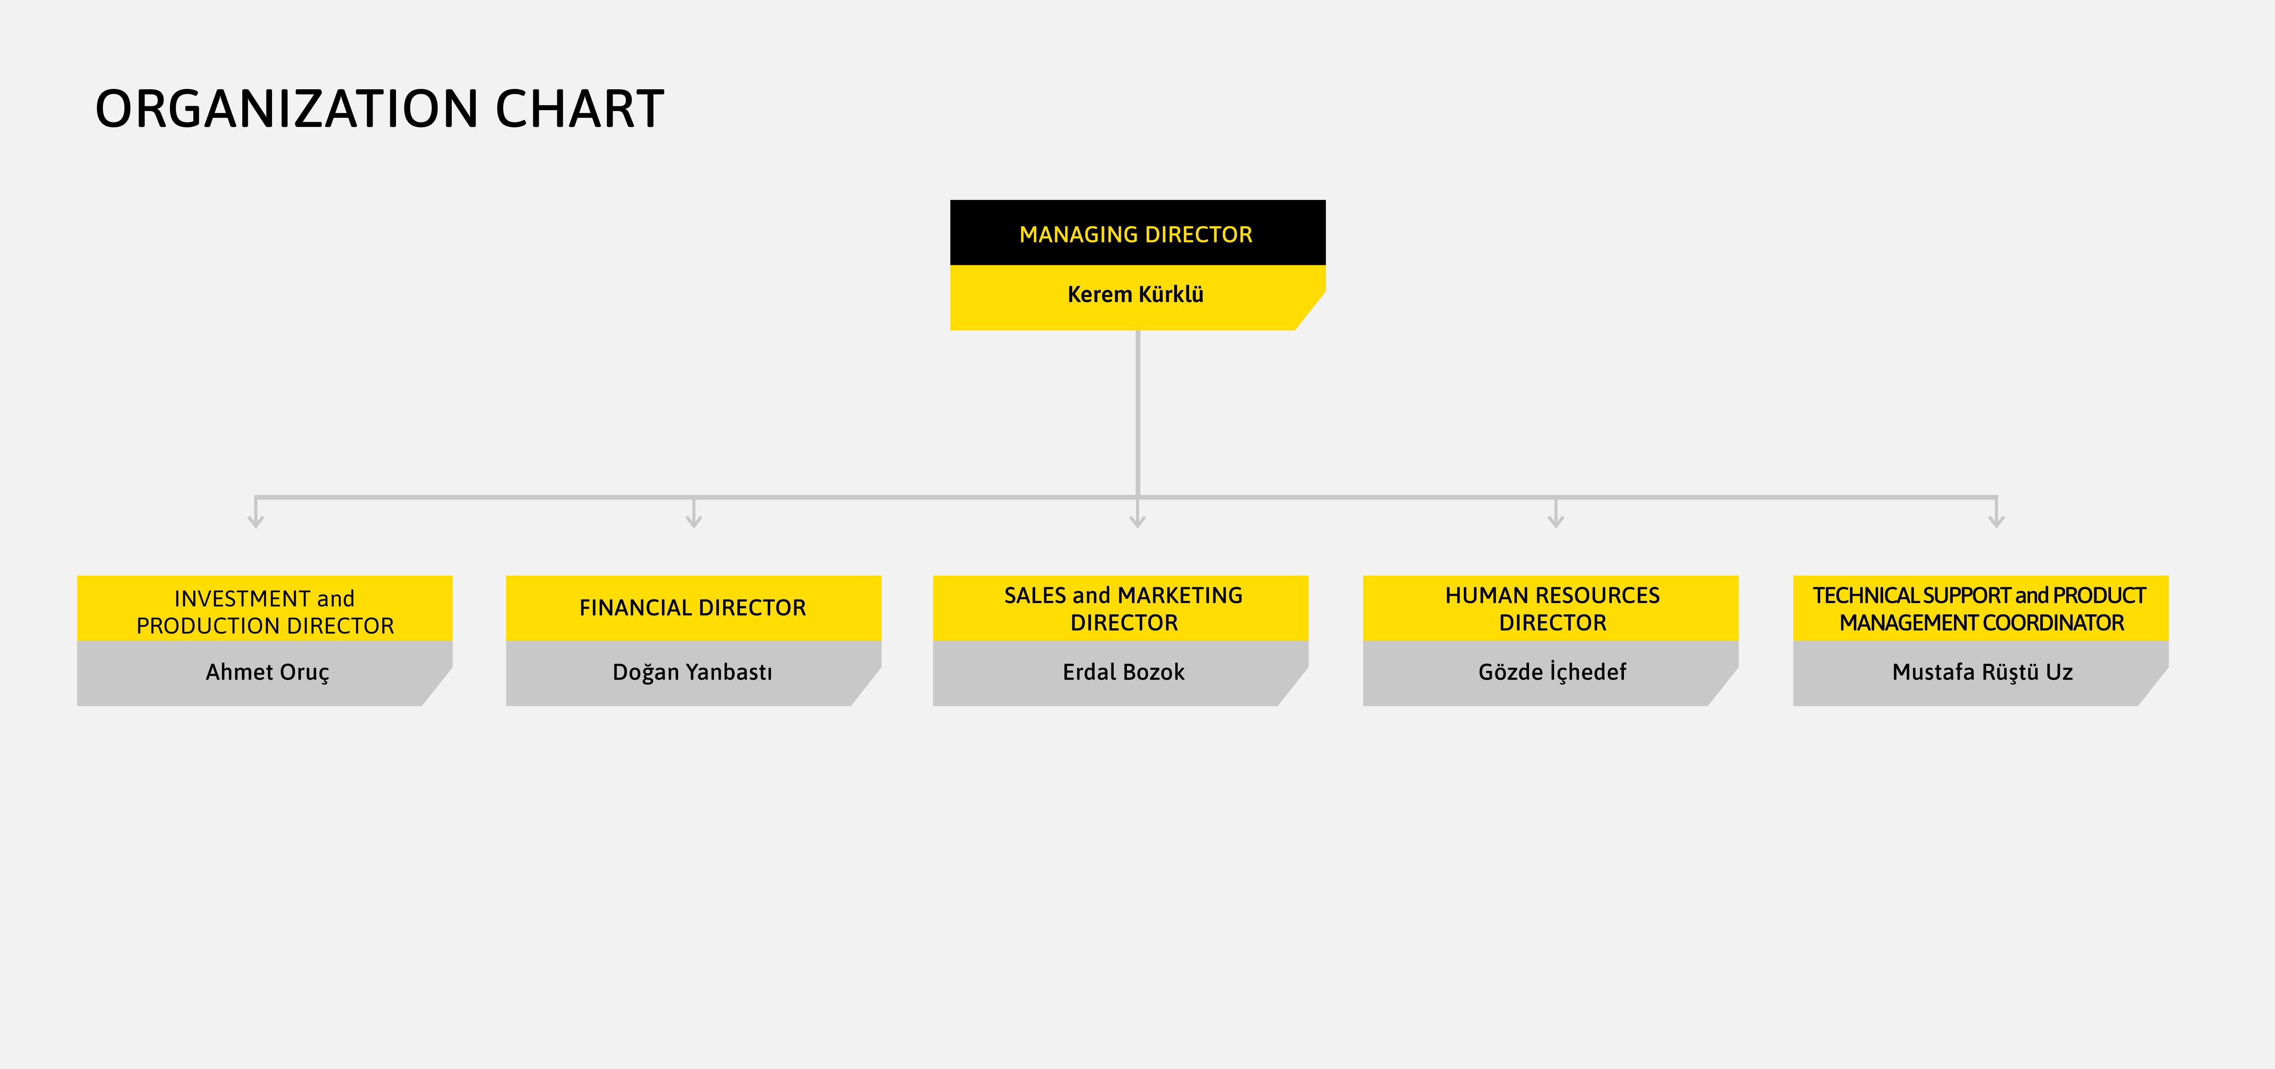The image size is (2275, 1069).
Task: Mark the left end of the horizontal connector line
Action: click(x=255, y=497)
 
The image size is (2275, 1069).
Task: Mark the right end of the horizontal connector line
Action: click(x=1997, y=497)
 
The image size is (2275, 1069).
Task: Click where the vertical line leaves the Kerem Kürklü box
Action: click(x=1137, y=331)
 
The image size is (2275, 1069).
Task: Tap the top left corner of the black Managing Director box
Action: click(x=950, y=200)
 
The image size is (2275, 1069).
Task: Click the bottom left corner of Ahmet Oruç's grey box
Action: click(x=78, y=705)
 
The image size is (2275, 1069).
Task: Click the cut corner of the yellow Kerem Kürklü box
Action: click(x=1310, y=311)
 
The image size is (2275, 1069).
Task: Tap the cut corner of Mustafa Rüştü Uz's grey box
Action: click(x=2153, y=686)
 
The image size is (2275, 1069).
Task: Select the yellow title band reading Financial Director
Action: click(x=693, y=608)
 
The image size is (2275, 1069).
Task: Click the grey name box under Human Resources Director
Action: click(x=1551, y=673)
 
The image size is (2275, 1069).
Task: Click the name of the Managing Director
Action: click(x=1136, y=294)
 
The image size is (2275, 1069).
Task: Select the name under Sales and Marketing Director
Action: click(x=1123, y=672)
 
